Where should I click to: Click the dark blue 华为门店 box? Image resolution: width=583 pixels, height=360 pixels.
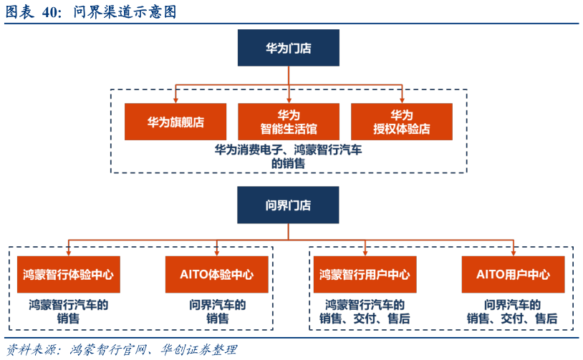[x=288, y=48]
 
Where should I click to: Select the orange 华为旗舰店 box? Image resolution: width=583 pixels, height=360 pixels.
[x=175, y=122]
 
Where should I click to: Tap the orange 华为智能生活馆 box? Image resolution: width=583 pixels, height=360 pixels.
[x=289, y=122]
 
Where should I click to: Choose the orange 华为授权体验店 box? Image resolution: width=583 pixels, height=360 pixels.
[x=402, y=122]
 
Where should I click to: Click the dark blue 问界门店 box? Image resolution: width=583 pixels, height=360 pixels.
[x=288, y=205]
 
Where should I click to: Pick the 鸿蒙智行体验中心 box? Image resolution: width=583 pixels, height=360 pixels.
[x=68, y=274]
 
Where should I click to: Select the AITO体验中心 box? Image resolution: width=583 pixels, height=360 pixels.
[x=216, y=274]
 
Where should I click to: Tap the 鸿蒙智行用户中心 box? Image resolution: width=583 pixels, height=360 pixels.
[x=365, y=274]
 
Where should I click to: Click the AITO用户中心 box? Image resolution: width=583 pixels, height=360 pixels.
[x=513, y=274]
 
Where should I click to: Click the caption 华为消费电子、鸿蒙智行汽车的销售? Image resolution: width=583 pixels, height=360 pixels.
[x=289, y=157]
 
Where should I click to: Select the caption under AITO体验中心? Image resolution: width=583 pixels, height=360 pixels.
[x=217, y=311]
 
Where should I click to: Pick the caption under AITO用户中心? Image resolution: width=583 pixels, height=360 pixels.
[x=512, y=311]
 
